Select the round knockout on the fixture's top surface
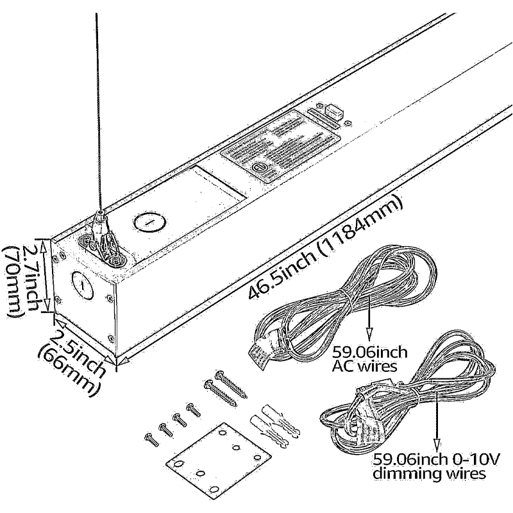tap(149, 223)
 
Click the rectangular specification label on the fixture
tap(280, 145)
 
